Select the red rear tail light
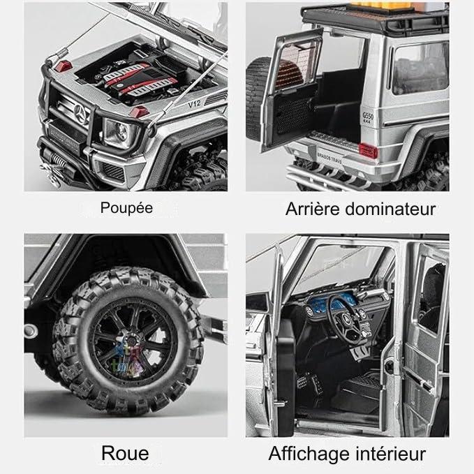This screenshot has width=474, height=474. [364, 146]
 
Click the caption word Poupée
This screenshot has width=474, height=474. [126, 207]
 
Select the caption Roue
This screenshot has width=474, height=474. [125, 453]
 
